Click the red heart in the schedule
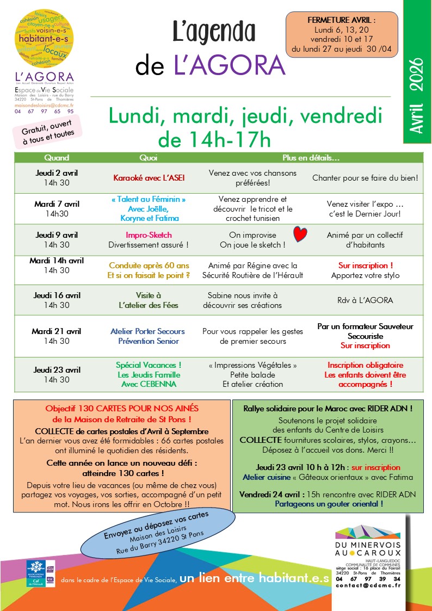(x=300, y=234)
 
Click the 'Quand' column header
(x=57, y=158)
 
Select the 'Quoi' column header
(x=148, y=158)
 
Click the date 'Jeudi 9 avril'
(x=57, y=235)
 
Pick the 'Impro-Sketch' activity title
(x=149, y=235)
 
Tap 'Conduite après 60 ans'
(x=149, y=266)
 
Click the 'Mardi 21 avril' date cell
(x=57, y=331)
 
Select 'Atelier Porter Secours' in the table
(x=147, y=331)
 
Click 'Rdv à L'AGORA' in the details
(x=365, y=300)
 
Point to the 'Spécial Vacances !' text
(x=149, y=365)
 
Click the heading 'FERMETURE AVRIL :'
(x=342, y=20)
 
